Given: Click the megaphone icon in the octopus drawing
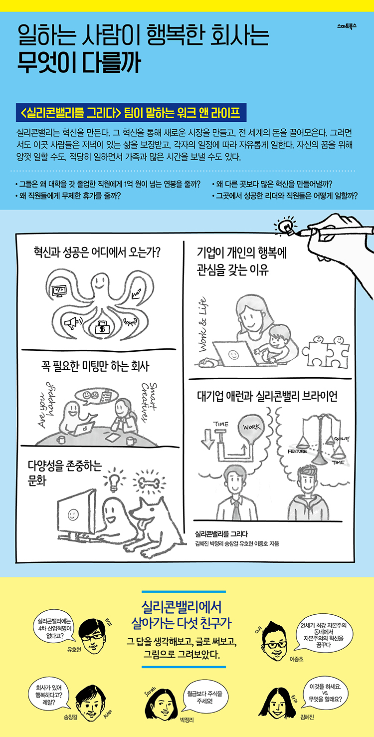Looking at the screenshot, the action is (x=73, y=323).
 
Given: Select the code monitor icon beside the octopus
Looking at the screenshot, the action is (x=59, y=291).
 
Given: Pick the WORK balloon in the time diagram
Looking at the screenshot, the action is (x=252, y=429).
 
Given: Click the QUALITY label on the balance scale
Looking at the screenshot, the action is (x=342, y=439).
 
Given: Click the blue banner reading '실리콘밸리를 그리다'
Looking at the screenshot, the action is (x=131, y=113).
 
